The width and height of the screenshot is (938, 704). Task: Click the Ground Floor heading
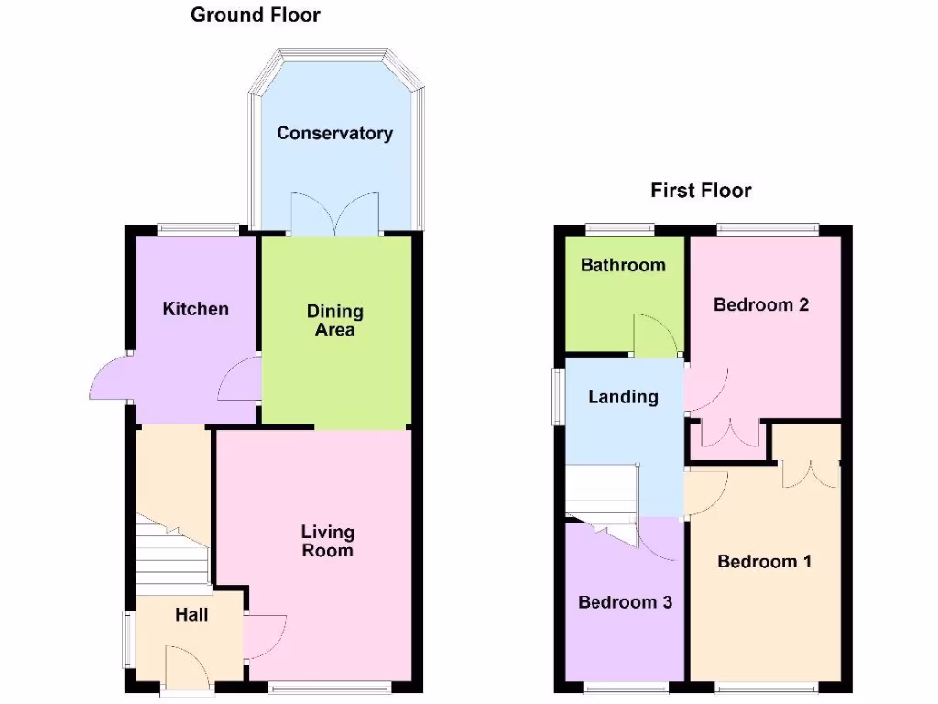(256, 15)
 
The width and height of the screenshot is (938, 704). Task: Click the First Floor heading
(701, 191)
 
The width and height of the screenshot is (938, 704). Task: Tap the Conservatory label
(334, 134)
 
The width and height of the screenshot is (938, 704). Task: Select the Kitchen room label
(195, 309)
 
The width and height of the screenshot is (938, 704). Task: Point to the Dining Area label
(334, 321)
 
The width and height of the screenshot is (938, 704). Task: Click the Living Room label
(327, 541)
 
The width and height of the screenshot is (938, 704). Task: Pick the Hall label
(191, 615)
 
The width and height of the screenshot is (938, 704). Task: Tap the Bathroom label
(623, 266)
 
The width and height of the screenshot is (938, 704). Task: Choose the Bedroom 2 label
(761, 304)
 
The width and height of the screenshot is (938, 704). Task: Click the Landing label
(623, 397)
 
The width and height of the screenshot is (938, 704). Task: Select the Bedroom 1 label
(764, 561)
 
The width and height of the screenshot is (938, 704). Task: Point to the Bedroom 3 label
(625, 602)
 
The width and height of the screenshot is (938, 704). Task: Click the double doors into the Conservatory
(334, 214)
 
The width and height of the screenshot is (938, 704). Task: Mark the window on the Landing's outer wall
(556, 396)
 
